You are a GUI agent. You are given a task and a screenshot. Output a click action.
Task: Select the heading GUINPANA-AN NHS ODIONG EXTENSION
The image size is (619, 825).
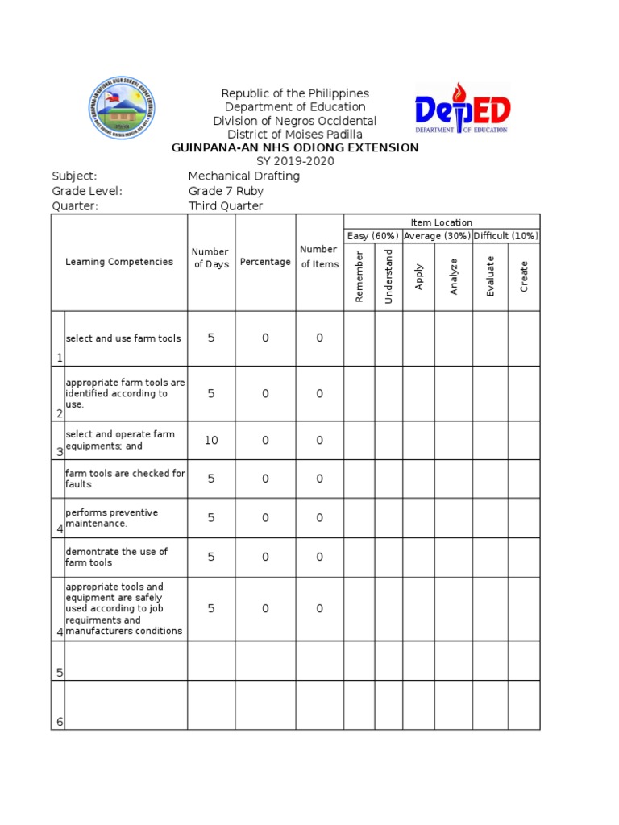coord(295,147)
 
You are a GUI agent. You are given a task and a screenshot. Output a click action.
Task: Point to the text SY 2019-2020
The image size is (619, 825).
coord(295,161)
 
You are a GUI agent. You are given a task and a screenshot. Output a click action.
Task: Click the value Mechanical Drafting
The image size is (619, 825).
coord(243,176)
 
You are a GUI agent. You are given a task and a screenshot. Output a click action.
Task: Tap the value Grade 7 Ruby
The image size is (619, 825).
coord(226,191)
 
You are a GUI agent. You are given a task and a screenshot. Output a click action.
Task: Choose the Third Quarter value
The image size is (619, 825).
coord(226,205)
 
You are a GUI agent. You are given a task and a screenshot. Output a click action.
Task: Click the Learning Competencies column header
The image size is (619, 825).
coord(119,262)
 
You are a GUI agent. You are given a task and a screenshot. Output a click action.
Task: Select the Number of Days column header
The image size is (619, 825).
coord(211,258)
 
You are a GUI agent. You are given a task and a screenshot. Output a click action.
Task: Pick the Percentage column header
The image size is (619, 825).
coord(265,262)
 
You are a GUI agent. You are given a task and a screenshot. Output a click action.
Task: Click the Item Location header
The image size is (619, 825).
coord(442,222)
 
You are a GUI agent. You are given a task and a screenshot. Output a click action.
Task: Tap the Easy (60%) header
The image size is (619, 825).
coord(373,236)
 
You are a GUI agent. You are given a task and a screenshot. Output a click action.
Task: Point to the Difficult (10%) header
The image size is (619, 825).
coord(506,236)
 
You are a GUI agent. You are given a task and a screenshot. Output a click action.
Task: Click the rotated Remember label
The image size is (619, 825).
coord(359,276)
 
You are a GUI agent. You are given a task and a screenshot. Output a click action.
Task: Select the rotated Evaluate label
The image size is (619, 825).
coord(490,276)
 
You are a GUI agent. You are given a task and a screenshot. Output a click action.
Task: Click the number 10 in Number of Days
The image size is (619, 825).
coord(211,440)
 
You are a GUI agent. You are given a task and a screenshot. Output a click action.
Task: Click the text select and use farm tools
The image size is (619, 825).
coord(123,338)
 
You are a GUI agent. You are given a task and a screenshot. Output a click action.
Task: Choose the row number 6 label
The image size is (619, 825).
coord(59,721)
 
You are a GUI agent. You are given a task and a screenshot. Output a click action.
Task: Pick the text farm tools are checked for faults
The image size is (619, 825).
coord(125,479)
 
